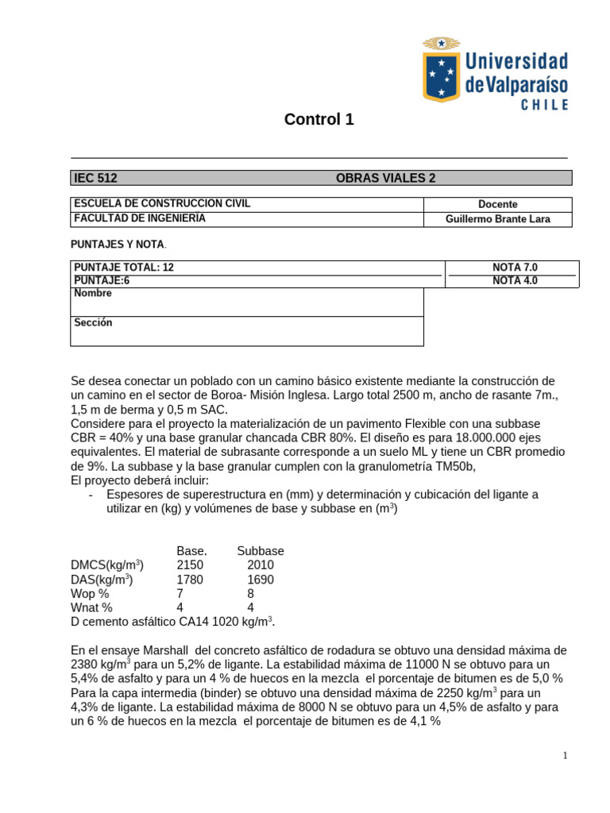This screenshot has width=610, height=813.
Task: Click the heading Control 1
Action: (319, 120)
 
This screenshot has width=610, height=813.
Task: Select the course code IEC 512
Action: (95, 179)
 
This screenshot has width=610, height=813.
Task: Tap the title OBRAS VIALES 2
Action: (386, 179)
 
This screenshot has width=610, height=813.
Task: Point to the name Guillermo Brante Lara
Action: (498, 219)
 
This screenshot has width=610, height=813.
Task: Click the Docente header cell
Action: (498, 204)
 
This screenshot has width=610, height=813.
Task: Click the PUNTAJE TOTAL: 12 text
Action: (124, 268)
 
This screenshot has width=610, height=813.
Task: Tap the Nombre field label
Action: (93, 293)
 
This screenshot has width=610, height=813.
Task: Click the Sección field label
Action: (93, 322)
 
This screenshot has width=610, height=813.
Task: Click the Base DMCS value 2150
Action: (191, 565)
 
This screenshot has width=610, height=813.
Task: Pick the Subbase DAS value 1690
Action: (260, 580)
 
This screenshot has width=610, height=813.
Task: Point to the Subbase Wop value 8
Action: (251, 594)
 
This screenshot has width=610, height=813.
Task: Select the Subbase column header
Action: (260, 551)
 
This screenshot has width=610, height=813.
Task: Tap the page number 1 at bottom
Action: (565, 756)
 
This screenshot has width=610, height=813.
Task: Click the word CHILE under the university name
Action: (533, 105)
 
